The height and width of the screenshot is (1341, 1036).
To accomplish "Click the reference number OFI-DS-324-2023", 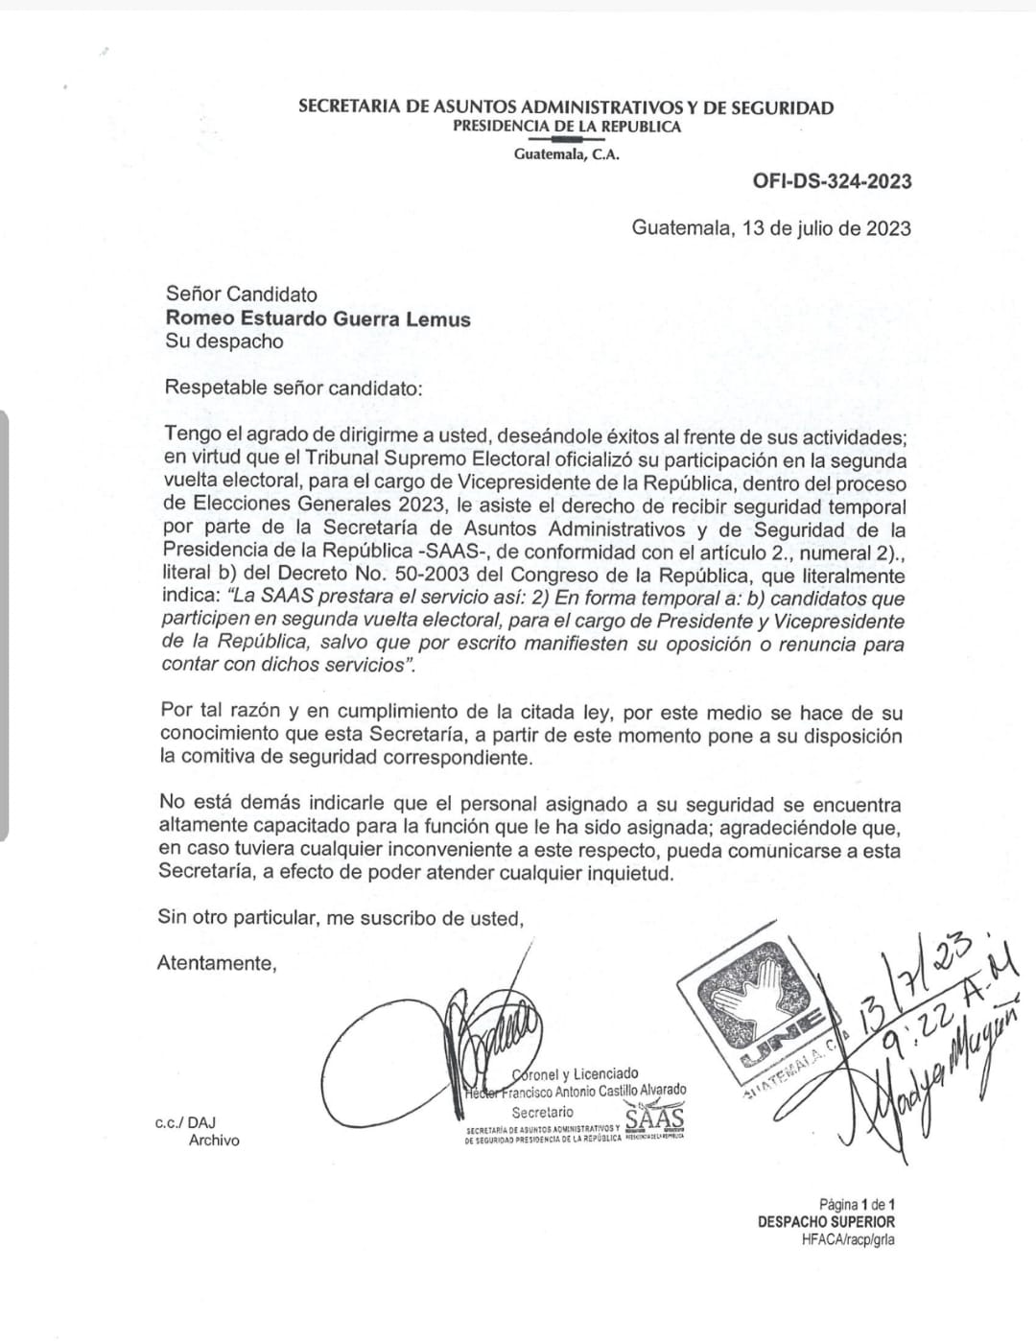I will pos(832,181).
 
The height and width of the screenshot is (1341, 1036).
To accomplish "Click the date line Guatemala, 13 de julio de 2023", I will pos(770,228).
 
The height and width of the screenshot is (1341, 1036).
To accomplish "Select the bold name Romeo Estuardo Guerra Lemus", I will pos(318,318).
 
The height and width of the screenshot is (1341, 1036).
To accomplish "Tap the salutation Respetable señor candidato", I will pos(293,388).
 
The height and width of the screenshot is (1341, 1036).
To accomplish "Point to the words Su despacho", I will pos(224,341).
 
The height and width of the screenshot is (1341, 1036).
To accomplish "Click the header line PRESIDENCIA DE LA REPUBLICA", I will pos(566,127).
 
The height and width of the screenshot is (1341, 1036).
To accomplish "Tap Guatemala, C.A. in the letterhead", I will pos(566,153).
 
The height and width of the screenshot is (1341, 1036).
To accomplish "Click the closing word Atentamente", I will pos(216,964).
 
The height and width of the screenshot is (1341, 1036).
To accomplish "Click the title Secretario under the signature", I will pos(542,1112).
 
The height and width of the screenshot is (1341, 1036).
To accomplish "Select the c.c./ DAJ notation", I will pos(185,1121).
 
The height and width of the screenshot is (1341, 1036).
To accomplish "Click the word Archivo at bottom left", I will pos(214,1141).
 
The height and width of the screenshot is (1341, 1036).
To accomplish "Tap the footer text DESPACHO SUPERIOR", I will pos(826,1222).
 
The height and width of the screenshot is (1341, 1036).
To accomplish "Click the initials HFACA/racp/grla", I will pos(848,1239).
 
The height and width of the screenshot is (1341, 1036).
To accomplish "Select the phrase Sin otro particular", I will pos(237,918).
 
